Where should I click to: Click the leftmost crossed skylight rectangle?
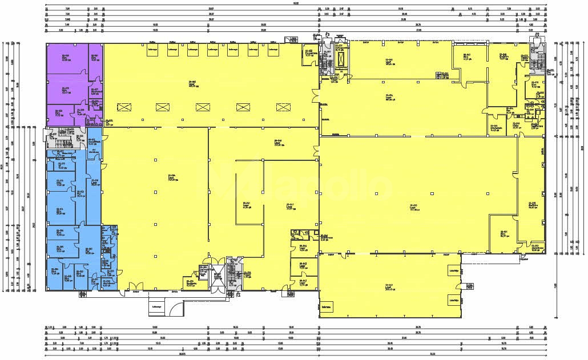pyautogui.click(x=124, y=107)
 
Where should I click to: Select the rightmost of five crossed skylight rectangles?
pyautogui.click(x=284, y=107)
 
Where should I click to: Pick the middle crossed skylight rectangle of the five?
pyautogui.click(x=204, y=107)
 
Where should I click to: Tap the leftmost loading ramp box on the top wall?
pyautogui.click(x=152, y=51)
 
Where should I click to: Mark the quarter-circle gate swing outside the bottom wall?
pyautogui.click(x=178, y=308)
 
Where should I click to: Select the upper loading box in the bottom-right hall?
pyautogui.click(x=454, y=273)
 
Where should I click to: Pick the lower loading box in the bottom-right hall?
pyautogui.click(x=454, y=299)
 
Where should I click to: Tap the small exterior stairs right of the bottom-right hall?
pyautogui.click(x=522, y=258)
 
